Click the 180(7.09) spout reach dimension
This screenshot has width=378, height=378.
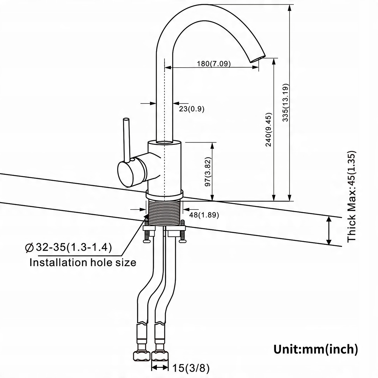(214, 64)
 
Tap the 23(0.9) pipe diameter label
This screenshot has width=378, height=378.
(192, 109)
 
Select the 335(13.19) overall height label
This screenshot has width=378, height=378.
(285, 102)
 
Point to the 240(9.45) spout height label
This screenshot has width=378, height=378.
(268, 129)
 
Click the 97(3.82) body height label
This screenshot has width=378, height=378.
(208, 172)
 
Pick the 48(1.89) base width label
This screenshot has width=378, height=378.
(204, 215)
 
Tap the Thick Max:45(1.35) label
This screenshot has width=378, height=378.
(352, 197)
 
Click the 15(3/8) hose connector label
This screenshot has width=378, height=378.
(191, 368)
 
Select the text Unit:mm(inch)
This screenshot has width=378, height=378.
(316, 349)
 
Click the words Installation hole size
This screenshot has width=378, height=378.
(83, 262)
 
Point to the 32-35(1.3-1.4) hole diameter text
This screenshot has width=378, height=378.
(74, 247)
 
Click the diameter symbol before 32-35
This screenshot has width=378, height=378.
(29, 248)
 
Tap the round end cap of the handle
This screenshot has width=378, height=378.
(125, 174)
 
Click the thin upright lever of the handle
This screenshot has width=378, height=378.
(126, 139)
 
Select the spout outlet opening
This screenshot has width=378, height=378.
(258, 59)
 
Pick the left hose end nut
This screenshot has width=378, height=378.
(141, 356)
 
